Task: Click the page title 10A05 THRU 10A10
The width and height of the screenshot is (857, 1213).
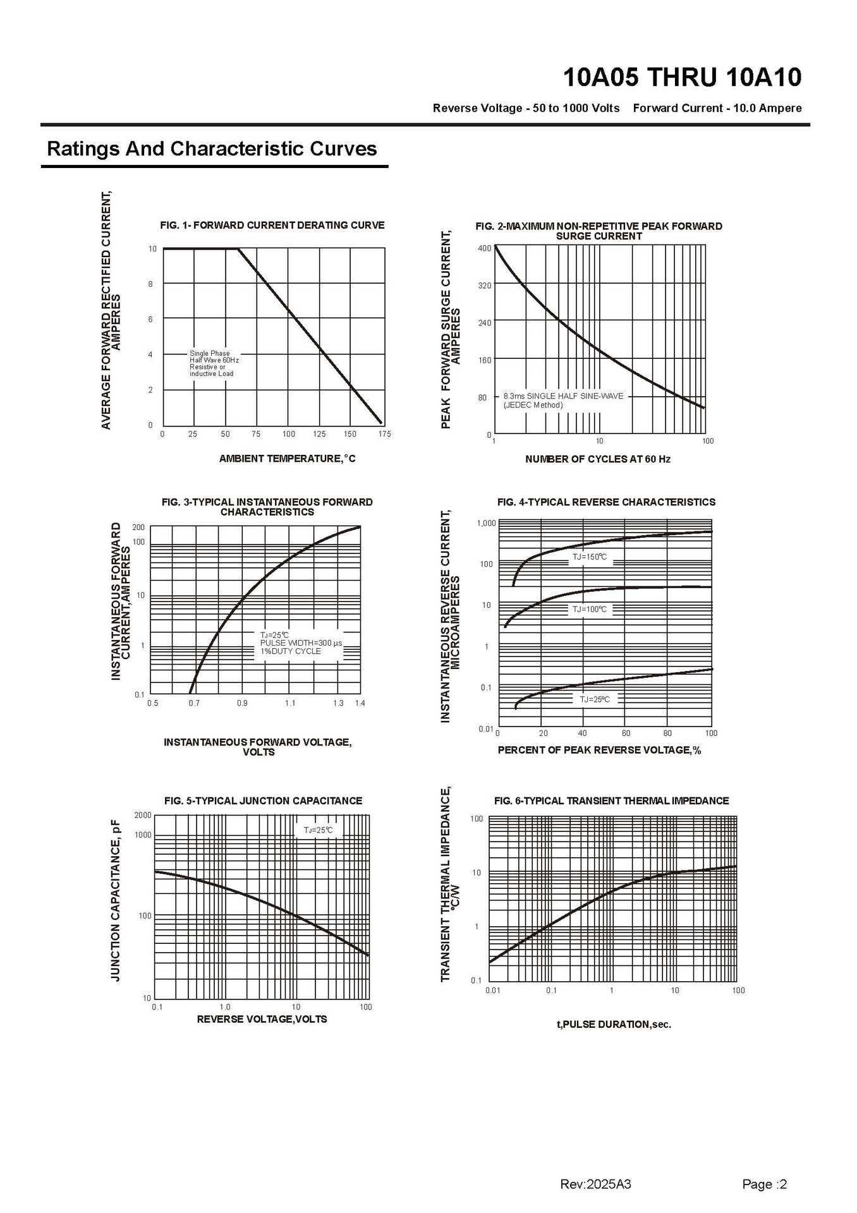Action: (x=682, y=78)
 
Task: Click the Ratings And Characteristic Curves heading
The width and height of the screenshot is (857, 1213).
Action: (x=212, y=149)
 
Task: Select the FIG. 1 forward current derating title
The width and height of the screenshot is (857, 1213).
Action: (x=272, y=225)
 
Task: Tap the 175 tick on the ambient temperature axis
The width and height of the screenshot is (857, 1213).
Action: (x=384, y=434)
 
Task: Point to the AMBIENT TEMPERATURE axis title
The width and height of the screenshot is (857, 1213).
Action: (x=287, y=459)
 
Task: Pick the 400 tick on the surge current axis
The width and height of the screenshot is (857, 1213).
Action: (x=484, y=248)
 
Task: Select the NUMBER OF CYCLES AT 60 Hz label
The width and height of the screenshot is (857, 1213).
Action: (x=597, y=459)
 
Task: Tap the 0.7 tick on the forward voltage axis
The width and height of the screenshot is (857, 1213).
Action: (x=194, y=703)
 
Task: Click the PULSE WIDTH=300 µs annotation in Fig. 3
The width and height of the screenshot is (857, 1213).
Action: (x=301, y=643)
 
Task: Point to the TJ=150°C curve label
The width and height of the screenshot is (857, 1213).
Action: (x=590, y=557)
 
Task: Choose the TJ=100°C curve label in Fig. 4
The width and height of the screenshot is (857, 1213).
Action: (x=590, y=609)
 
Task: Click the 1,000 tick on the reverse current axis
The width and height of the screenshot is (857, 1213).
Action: (x=486, y=523)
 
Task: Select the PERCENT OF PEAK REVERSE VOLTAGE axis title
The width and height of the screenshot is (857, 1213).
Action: (x=599, y=750)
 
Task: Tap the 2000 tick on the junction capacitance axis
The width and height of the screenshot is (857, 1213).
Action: (x=143, y=815)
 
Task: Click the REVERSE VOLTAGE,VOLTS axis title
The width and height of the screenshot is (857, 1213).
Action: (x=262, y=1019)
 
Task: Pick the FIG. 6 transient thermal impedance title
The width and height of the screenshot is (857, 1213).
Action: (x=611, y=801)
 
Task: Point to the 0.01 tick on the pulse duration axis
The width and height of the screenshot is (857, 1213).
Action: (x=493, y=990)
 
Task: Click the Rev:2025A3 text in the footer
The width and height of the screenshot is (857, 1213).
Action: (x=595, y=1185)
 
